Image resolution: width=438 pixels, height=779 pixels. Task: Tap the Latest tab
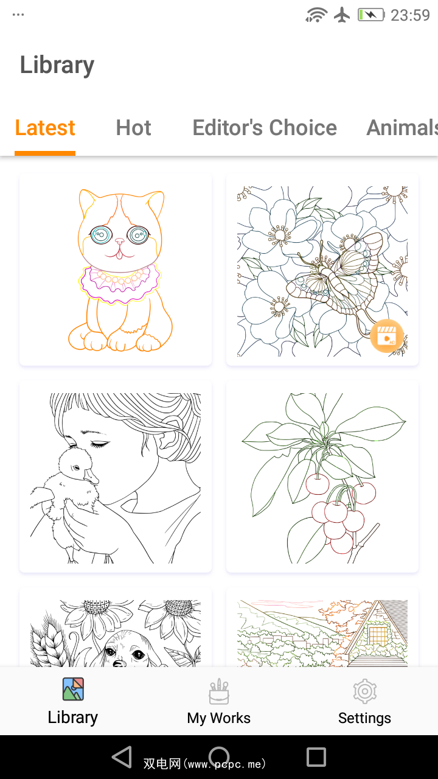pos(45,128)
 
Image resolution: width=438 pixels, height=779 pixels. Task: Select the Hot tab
pos(133,128)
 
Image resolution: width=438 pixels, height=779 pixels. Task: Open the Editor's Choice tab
pos(265,128)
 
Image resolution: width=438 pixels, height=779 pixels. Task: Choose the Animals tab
pos(402,128)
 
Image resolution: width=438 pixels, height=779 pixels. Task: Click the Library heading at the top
pos(57,65)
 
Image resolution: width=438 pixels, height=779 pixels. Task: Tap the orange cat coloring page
pos(116,270)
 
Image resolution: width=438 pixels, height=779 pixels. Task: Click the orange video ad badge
pos(386,335)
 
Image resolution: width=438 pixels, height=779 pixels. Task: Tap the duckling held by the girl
pos(66,501)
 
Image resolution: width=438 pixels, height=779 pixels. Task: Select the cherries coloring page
pos(322,477)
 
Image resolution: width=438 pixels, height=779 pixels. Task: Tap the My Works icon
pos(219,691)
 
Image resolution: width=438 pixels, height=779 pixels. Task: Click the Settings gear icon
pos(364,691)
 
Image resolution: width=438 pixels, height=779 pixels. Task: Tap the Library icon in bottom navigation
pos(73,689)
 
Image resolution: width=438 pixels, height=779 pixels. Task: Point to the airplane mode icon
pos(342,15)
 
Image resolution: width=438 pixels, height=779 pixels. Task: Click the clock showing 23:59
pos(410,15)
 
